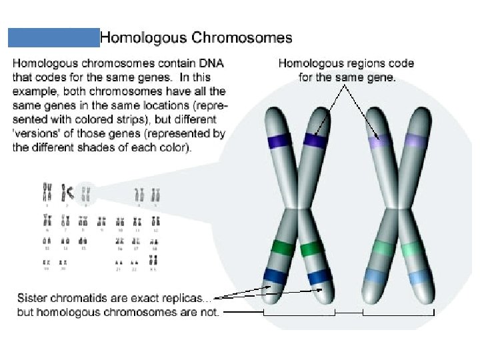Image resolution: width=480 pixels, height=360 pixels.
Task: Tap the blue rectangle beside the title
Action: tap(53, 37)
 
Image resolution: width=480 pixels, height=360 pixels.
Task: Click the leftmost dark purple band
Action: tap(275, 141)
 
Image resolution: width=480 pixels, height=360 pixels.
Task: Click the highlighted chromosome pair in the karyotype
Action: tap(85, 194)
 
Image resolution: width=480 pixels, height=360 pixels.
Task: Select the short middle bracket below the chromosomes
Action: tap(349, 312)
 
